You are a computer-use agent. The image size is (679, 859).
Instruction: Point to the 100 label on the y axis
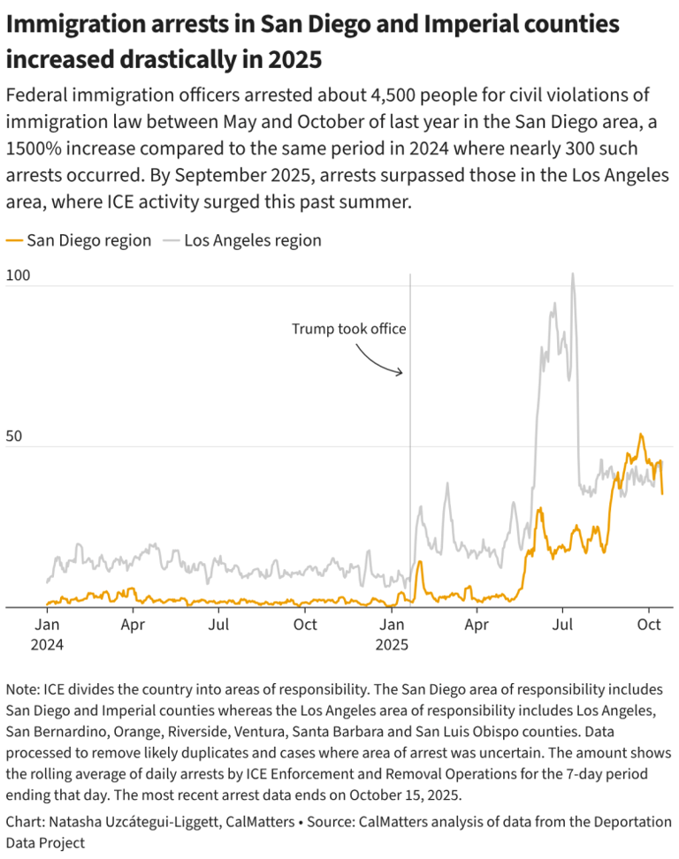coord(18,275)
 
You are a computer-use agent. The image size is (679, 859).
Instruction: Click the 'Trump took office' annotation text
coord(349,329)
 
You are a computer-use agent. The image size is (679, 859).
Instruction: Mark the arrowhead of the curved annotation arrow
coord(401,372)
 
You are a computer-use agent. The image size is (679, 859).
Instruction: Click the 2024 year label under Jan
coord(47,644)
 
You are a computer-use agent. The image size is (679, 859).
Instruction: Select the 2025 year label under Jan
coord(392,644)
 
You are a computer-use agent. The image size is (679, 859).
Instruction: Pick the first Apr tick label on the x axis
coord(134,625)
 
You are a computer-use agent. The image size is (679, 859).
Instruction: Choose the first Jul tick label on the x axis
coord(219,625)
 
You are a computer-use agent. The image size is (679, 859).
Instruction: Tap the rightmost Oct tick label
coord(649,625)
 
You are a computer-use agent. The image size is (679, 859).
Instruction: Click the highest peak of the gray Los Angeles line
coord(573,274)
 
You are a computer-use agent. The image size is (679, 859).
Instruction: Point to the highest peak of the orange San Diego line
coord(641,435)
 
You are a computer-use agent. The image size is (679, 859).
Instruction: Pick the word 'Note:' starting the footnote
coord(22,688)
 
